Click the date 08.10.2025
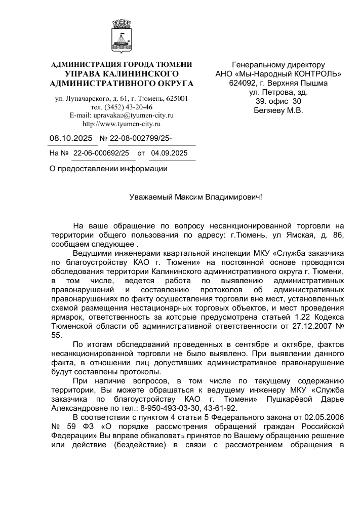pyautogui.click(x=71, y=138)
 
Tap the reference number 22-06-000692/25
pyautogui.click(x=101, y=152)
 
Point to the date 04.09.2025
pyautogui.click(x=169, y=152)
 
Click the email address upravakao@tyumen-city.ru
pyautogui.click(x=122, y=115)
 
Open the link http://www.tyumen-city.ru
pyautogui.click(x=122, y=124)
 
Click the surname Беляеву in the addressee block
pyautogui.click(x=268, y=110)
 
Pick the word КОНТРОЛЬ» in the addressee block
pyautogui.click(x=316, y=74)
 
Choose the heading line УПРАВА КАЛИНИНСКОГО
pyautogui.click(x=122, y=74)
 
